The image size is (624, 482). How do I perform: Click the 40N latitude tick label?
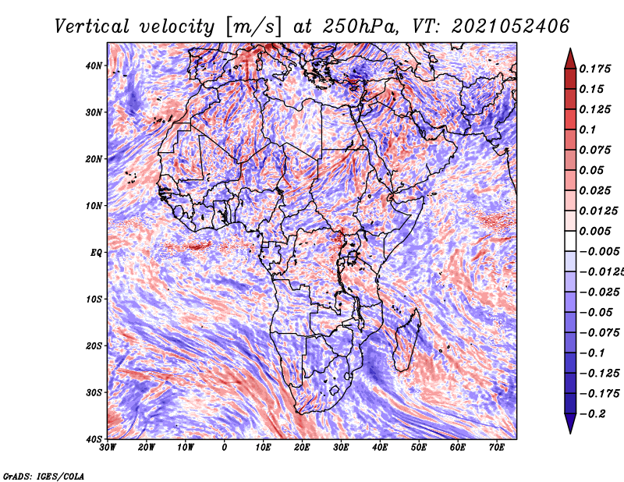[x=94, y=66]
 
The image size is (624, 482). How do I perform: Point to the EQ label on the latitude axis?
[x=96, y=253]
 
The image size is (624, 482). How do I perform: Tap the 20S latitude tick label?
[x=94, y=346]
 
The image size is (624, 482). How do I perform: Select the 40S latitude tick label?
[x=94, y=439]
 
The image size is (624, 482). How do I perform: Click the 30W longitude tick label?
[x=108, y=448]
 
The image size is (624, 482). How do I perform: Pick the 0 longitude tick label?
[x=225, y=448]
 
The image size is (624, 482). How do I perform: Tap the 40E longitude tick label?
[x=380, y=448]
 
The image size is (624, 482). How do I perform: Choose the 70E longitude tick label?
[x=497, y=448]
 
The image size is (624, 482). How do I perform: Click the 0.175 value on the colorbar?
[x=595, y=69]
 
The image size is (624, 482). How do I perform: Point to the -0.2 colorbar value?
[x=593, y=414]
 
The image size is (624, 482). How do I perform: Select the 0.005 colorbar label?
[x=595, y=231]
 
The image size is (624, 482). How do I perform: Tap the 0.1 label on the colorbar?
[x=588, y=129]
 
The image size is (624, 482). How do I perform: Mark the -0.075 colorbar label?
[x=600, y=333]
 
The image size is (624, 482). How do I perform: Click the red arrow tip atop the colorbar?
[x=570, y=49]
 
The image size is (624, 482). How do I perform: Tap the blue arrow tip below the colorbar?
[x=570, y=433]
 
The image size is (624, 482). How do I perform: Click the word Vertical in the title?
[x=92, y=27]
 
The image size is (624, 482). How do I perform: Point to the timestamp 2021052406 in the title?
[x=511, y=27]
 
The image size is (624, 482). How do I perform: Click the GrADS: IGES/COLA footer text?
[x=44, y=476]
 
